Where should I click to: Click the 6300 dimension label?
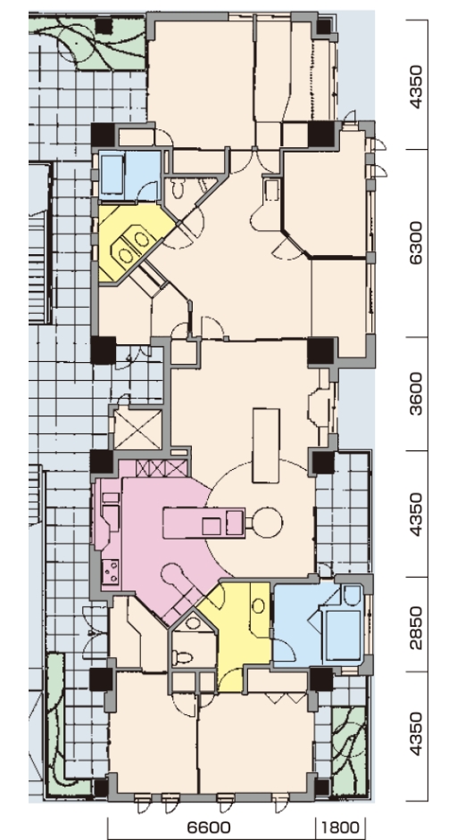(x=416, y=243)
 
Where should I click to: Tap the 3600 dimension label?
(x=416, y=394)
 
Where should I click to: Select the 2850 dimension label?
(x=416, y=628)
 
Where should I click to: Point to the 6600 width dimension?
(x=209, y=828)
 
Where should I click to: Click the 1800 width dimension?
(x=340, y=828)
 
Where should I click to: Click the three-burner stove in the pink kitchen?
(x=111, y=572)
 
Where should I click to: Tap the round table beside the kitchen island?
(x=267, y=523)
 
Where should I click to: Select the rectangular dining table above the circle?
(x=266, y=445)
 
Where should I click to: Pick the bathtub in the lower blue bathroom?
(x=343, y=634)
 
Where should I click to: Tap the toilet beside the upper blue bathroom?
(x=179, y=188)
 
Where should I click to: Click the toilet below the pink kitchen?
(x=182, y=657)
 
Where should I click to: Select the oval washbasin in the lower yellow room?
(x=258, y=605)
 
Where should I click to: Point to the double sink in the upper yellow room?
(x=132, y=246)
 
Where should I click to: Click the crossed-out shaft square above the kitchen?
(x=137, y=430)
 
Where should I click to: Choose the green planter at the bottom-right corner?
(x=349, y=750)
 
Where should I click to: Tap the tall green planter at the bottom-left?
(x=55, y=721)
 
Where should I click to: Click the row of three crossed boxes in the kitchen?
(x=162, y=468)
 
